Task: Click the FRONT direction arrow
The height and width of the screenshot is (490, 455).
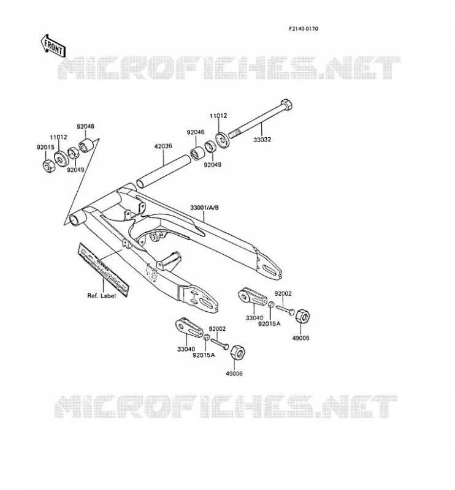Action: click(53, 46)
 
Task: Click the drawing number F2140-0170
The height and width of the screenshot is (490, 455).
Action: click(303, 29)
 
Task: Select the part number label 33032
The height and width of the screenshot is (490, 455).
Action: click(262, 140)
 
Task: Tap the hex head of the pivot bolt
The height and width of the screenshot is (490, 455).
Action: click(286, 104)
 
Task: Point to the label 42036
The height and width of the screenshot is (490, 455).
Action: click(163, 146)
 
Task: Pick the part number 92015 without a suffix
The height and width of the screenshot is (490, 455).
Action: click(45, 147)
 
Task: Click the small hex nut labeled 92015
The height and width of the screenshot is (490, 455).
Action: click(48, 165)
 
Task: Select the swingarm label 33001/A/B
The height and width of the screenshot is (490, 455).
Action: click(204, 207)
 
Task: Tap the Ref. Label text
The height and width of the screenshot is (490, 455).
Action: click(101, 296)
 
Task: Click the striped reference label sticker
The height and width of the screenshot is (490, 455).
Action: click(103, 269)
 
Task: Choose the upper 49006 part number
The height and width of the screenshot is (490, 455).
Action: click(300, 338)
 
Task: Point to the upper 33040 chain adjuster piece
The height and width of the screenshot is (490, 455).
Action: click(252, 298)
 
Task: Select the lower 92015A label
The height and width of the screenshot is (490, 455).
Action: click(204, 355)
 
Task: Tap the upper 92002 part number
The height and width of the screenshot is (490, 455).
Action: click(283, 294)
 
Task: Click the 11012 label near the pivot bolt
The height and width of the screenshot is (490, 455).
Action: click(218, 116)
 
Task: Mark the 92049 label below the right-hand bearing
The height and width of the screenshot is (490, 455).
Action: click(213, 165)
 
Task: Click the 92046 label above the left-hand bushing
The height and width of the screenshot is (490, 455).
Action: click(85, 127)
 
